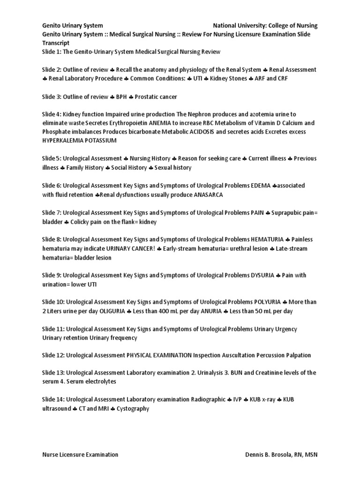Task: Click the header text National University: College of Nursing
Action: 265,25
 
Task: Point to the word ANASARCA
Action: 209,195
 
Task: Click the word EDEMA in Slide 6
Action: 261,186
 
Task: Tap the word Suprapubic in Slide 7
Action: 292,212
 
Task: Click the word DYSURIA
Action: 262,275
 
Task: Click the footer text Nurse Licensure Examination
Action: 80,455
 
